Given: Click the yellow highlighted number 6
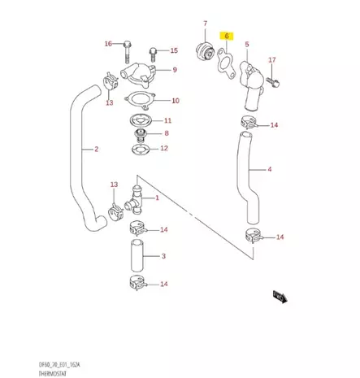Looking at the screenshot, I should point(228,37).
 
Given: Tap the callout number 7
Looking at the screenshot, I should point(205,24).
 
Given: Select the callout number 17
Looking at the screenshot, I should point(272,60).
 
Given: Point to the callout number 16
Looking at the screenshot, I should point(108,43).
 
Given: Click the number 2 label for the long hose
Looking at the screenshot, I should point(97,150).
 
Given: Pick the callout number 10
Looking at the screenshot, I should point(175,102).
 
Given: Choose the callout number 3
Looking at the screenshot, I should point(163,256).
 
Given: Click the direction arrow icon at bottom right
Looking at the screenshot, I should point(281,297).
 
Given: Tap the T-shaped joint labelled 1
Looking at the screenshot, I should point(136,197).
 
